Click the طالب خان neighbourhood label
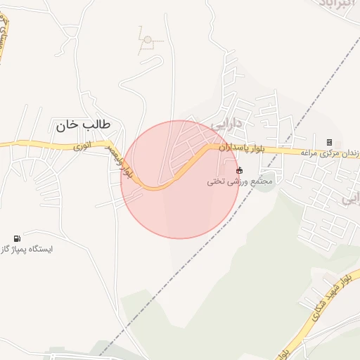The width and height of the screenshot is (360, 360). pyautogui.click(x=83, y=125)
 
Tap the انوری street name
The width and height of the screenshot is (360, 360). pyautogui.click(x=83, y=147)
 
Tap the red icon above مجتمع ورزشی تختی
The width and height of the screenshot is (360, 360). pyautogui.click(x=239, y=170)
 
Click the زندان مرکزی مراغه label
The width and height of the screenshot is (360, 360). pyautogui.click(x=331, y=153)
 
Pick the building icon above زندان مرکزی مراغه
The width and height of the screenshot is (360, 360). pyautogui.click(x=329, y=142)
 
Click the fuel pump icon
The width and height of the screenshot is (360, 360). pyautogui.click(x=17, y=239)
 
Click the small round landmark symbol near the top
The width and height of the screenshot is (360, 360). pyautogui.click(x=147, y=40)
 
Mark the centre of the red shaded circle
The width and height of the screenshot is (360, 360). pyautogui.click(x=180, y=179)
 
